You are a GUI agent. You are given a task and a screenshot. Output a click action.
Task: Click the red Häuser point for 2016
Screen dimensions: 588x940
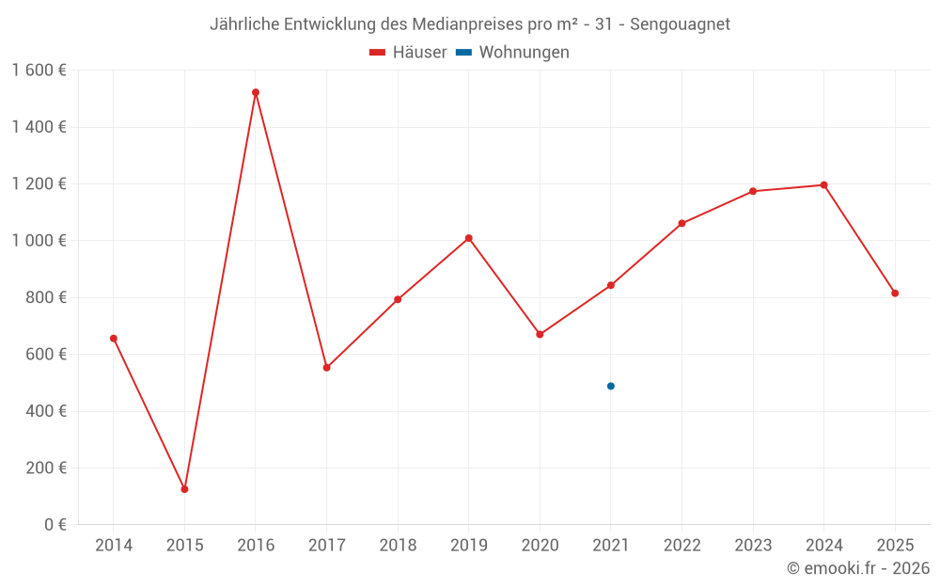(x=256, y=92)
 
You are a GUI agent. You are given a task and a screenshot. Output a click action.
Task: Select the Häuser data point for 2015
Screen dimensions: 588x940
(x=184, y=489)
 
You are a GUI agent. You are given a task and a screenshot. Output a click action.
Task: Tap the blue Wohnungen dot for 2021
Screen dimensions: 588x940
(x=611, y=386)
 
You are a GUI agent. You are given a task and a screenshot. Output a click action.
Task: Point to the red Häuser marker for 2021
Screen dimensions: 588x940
(x=611, y=285)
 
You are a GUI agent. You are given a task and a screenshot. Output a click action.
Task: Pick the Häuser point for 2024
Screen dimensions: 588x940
(x=824, y=184)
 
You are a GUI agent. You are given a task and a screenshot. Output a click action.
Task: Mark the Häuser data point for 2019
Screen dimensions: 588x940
(x=468, y=238)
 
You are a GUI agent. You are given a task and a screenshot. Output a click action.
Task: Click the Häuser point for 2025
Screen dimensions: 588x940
(x=895, y=294)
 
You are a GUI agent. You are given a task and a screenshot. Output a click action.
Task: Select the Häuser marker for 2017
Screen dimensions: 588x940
(x=326, y=368)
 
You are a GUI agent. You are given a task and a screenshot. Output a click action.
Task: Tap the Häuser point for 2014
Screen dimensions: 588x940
(x=114, y=338)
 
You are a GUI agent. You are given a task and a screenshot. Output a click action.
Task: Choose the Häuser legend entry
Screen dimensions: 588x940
(x=409, y=53)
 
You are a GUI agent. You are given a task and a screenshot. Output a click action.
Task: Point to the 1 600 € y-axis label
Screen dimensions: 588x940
(x=39, y=70)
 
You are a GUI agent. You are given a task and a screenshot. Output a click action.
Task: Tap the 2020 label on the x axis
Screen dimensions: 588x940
(x=540, y=545)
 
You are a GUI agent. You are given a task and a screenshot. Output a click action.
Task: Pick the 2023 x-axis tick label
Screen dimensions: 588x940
(x=753, y=545)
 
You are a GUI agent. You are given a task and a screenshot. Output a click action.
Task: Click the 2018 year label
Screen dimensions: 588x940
(x=398, y=545)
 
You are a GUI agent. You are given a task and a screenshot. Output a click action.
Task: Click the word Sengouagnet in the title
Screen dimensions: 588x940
(x=680, y=24)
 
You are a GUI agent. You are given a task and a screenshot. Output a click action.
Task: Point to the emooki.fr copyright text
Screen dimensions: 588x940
(x=858, y=568)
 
